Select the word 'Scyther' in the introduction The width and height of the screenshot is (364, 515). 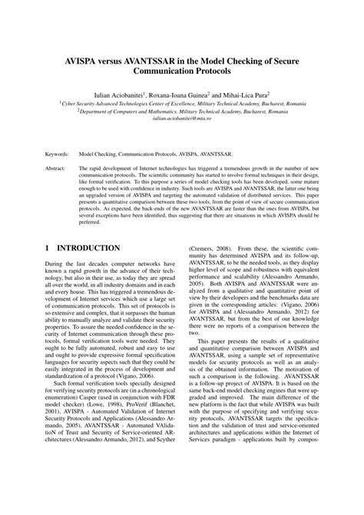coord(164,481)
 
